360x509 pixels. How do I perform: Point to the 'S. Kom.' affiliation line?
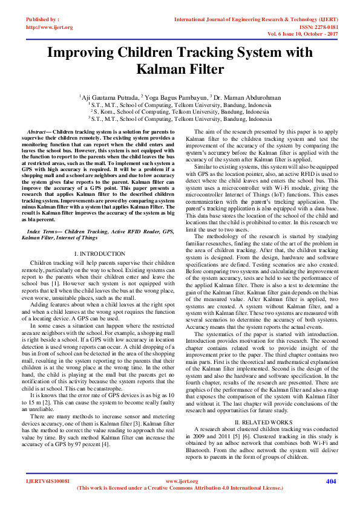click(180, 112)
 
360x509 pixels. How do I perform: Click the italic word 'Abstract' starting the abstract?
click(38, 131)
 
